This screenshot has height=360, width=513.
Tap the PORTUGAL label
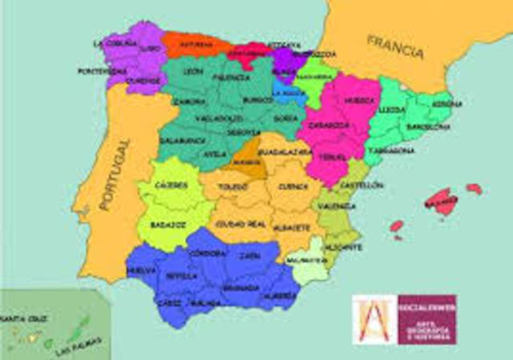[112, 174]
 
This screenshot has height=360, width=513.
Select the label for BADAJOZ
[168, 225]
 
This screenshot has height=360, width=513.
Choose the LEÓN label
[192, 71]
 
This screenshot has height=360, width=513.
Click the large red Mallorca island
[444, 200]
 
